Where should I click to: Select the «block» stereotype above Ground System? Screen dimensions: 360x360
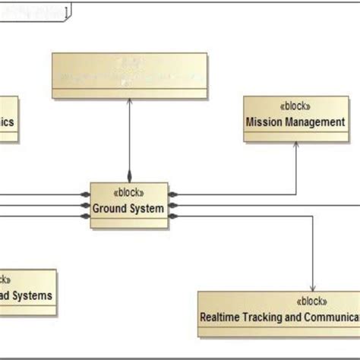(128, 193)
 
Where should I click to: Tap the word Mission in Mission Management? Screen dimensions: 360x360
(264, 122)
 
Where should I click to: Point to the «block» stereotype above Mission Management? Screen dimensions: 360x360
(294, 106)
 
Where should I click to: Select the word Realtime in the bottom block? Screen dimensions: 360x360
(222, 316)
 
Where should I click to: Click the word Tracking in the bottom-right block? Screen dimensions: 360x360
(269, 316)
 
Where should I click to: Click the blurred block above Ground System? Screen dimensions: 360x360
(129, 75)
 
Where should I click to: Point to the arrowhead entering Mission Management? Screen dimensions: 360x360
(295, 146)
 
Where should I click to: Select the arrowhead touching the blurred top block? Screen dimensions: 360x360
(129, 103)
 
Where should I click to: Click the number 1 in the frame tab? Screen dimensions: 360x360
(67, 11)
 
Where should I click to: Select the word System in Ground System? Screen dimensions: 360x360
(147, 208)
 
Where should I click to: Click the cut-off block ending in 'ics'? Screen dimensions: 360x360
(8, 120)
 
